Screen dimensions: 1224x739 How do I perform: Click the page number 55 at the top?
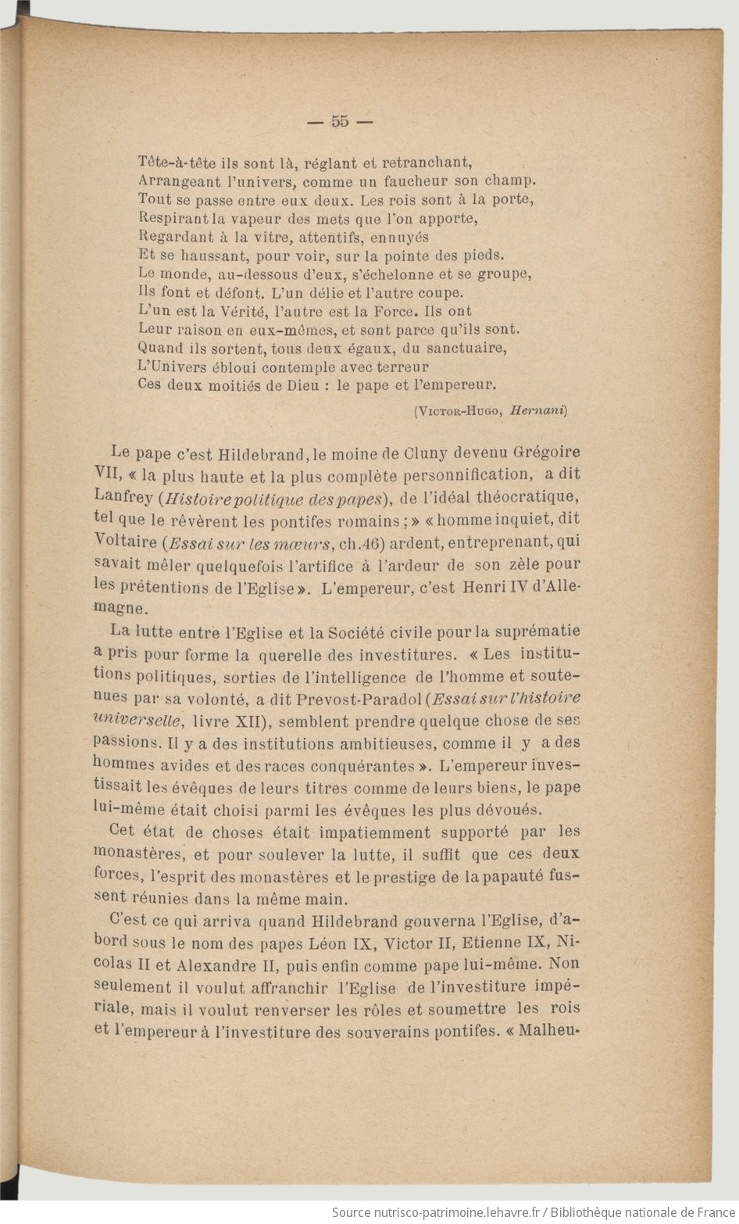coord(340,121)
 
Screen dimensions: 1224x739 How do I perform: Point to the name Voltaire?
coord(121,540)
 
